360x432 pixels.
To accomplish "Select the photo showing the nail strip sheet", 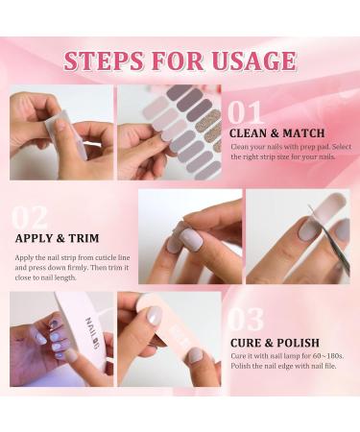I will (170, 132).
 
